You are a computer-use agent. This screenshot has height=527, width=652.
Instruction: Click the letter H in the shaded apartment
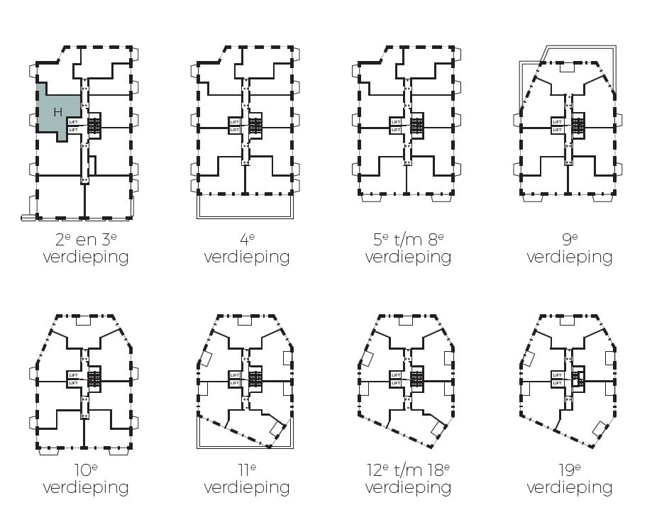click(57, 112)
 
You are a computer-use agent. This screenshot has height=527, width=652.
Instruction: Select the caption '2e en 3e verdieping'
click(86, 248)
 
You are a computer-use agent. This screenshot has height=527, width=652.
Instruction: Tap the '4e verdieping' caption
click(247, 248)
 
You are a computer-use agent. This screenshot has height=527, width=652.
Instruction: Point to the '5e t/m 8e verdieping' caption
click(408, 248)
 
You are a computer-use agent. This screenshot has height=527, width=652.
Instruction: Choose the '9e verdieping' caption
click(569, 248)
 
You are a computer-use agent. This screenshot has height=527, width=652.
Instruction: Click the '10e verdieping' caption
click(86, 479)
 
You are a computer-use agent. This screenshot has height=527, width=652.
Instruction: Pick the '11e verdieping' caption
click(247, 479)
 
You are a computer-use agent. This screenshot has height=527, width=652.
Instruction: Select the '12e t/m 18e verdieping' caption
click(408, 479)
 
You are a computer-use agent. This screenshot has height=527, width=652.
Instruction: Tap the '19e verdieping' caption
click(569, 479)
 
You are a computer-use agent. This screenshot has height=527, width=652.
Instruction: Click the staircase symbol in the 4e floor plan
click(255, 126)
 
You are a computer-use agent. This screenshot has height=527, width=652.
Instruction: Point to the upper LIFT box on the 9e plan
click(558, 122)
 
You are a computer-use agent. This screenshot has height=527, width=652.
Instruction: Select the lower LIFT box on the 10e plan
click(74, 383)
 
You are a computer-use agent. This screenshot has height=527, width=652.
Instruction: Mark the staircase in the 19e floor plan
click(578, 379)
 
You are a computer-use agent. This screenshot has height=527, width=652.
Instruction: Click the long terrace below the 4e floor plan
click(245, 206)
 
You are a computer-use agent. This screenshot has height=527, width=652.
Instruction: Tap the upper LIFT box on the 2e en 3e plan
click(74, 122)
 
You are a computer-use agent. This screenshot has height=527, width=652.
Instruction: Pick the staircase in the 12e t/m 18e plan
click(417, 379)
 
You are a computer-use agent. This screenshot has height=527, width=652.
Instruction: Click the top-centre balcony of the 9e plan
click(566, 67)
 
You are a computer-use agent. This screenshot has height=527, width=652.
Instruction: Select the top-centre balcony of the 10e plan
click(82, 321)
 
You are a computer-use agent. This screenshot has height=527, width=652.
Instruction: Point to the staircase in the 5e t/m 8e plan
click(417, 126)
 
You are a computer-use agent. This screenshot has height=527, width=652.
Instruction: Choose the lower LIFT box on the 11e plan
click(235, 383)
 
